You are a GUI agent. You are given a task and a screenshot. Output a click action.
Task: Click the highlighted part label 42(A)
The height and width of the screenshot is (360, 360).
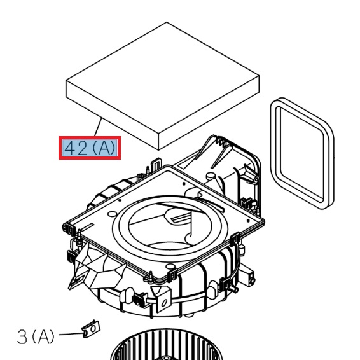[x=90, y=148]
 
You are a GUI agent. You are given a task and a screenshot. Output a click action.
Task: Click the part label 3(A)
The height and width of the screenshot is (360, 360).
[x=36, y=336]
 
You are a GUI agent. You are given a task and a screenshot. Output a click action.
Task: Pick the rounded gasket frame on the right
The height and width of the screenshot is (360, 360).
[x=301, y=153]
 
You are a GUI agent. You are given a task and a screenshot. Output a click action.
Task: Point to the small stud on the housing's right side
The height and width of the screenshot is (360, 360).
[x=253, y=279]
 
